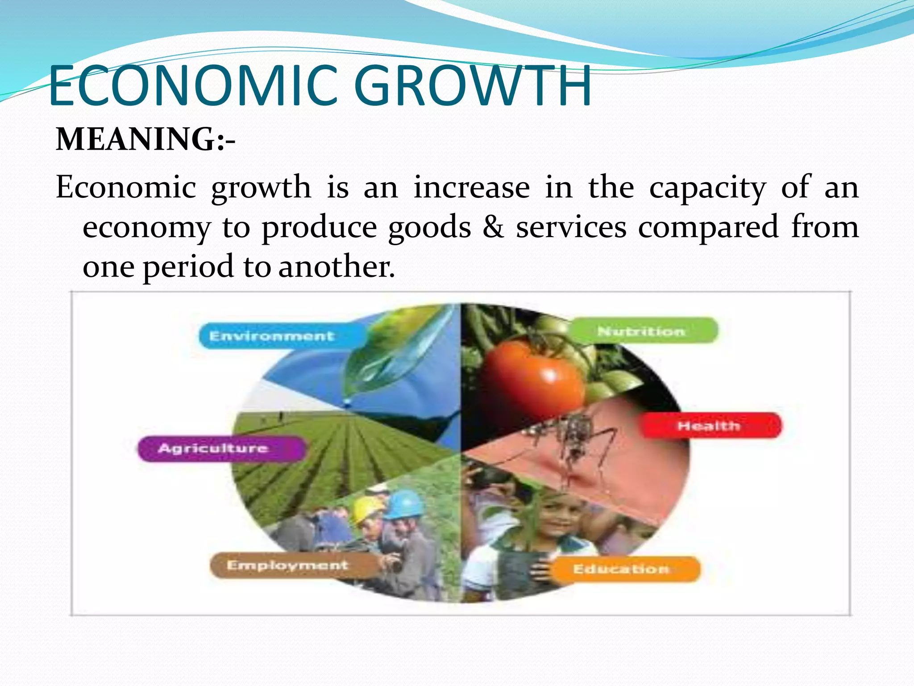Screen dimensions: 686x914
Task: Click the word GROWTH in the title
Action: tap(473, 86)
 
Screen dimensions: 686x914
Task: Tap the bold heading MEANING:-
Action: tap(145, 139)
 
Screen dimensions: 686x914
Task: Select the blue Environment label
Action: tap(271, 336)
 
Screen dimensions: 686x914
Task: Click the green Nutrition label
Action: tap(642, 331)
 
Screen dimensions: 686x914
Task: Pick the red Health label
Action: tap(710, 426)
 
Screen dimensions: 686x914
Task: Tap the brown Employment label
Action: tap(287, 565)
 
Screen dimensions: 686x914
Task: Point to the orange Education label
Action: tap(622, 569)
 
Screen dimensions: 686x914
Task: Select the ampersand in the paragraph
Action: tap(493, 227)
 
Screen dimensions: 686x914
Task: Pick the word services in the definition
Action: tap(571, 227)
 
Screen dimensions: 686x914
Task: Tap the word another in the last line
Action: tap(337, 267)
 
